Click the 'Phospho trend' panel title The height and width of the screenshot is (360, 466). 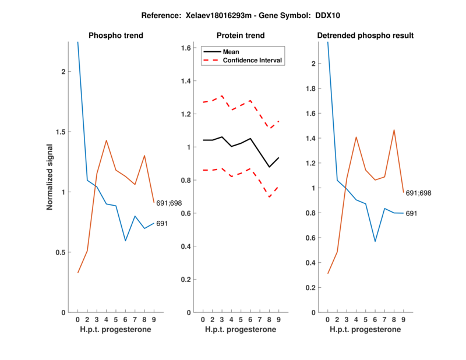tap(116, 36)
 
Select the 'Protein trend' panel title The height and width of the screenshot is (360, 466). tap(241, 36)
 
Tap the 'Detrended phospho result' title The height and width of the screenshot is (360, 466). tap(365, 36)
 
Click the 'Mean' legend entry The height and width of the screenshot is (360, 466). tap(231, 51)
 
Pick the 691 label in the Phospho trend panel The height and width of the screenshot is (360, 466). tap(163, 224)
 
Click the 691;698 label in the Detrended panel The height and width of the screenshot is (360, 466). tap(418, 192)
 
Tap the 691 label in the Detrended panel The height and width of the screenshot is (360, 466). tap(412, 214)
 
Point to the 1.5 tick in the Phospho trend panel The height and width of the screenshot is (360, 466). tap(63, 132)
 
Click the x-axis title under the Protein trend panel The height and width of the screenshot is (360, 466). tap(241, 330)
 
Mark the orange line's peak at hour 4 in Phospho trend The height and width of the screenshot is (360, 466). tap(106, 140)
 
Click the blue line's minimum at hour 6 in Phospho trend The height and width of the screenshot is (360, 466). tap(125, 241)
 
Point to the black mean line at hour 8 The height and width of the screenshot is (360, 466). tap(269, 167)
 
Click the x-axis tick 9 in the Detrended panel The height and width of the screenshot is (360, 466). tap(403, 319)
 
